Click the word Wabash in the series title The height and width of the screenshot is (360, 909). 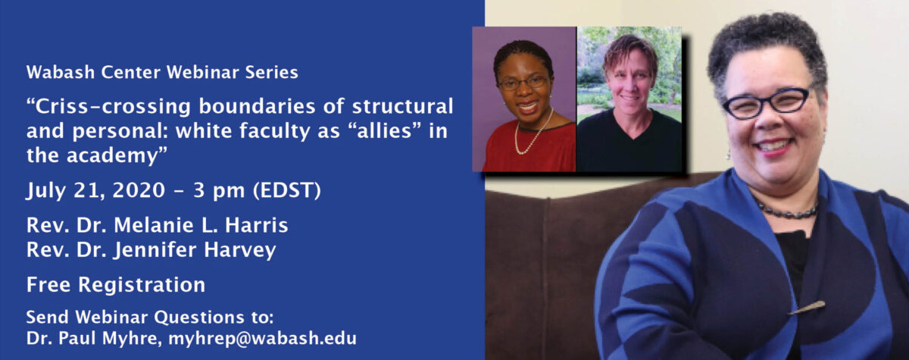point(61,72)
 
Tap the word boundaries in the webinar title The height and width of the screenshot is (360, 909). point(258,106)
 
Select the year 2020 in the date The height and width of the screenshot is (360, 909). point(139,190)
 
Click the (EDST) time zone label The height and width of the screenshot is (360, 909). point(287,191)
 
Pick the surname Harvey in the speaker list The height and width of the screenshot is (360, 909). point(240,250)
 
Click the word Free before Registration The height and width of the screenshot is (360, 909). point(48,284)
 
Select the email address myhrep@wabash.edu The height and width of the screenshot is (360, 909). point(262,339)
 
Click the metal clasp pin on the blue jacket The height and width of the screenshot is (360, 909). point(807,308)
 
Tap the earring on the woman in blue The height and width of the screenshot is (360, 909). point(729,153)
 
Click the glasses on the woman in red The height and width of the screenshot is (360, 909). point(523,83)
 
